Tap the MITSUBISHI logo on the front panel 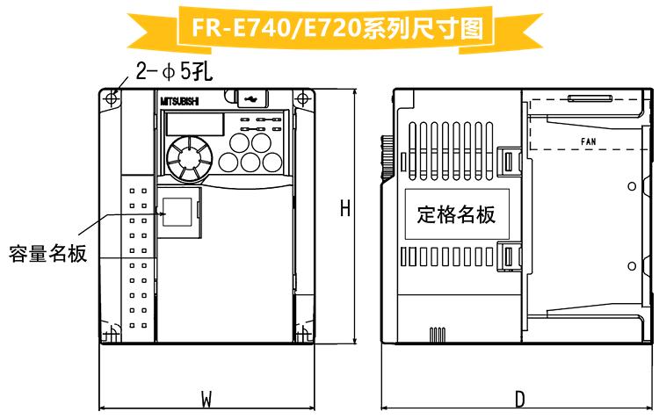180,102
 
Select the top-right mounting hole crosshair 304,98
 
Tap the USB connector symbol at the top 250,99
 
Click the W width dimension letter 206,400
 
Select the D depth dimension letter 520,400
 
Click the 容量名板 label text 48,254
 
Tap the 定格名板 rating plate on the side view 456,213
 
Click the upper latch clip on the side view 507,161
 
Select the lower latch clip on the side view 507,256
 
